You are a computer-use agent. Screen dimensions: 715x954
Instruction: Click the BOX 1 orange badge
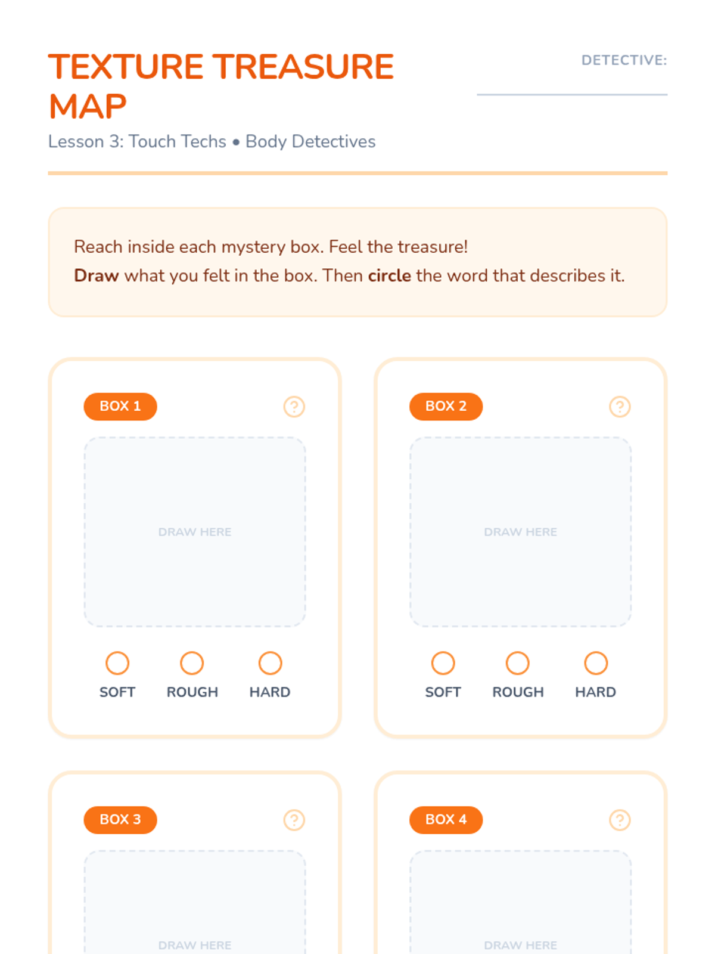click(120, 407)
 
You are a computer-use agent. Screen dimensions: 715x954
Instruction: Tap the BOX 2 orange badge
click(446, 407)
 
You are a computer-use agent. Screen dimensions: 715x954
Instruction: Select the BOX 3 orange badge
click(120, 820)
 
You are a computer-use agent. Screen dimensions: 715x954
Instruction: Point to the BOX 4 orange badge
click(446, 820)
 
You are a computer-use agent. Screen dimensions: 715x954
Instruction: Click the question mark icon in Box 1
click(294, 407)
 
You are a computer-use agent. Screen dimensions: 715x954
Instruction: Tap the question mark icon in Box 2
click(620, 407)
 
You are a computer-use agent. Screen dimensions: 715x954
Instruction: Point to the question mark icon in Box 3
click(294, 820)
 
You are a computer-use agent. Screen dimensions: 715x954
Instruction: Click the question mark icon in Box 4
click(620, 820)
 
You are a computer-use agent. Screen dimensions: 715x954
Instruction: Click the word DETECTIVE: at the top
click(624, 60)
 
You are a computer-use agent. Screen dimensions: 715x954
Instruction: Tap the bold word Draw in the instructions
click(97, 275)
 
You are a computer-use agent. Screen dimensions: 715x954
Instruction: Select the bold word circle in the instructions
click(390, 275)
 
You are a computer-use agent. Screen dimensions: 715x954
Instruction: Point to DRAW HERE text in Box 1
click(195, 531)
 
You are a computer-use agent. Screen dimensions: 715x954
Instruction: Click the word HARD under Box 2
click(596, 692)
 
